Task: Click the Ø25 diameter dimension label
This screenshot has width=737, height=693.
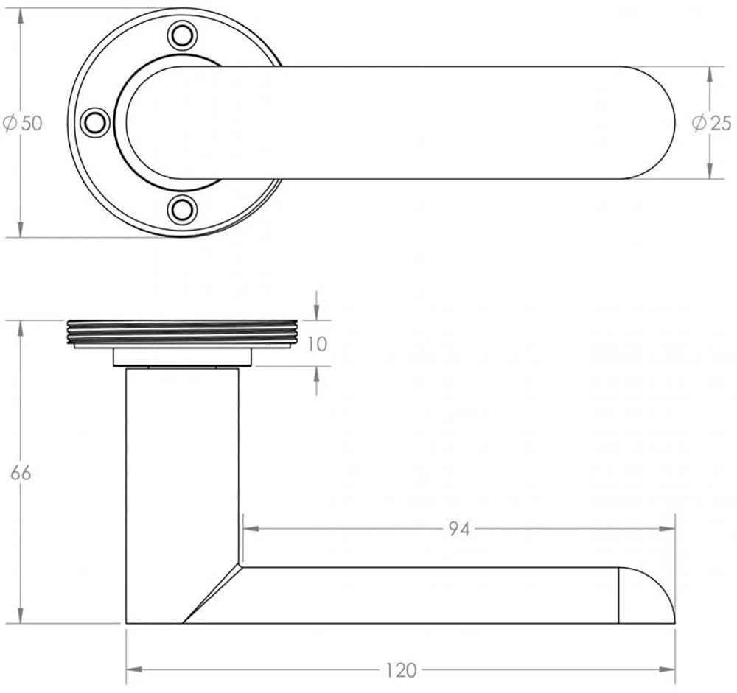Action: click(712, 123)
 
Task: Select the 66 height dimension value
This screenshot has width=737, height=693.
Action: click(21, 473)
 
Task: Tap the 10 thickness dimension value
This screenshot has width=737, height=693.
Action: click(317, 344)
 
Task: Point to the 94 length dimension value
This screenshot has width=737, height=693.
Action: click(458, 528)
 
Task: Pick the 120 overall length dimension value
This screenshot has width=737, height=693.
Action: click(401, 670)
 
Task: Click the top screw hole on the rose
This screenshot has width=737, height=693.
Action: click(182, 35)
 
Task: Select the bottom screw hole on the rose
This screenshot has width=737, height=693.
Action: click(182, 209)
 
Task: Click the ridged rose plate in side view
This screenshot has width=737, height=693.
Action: click(182, 333)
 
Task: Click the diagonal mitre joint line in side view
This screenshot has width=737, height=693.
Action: click(212, 594)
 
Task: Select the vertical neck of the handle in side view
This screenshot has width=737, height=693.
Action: click(182, 471)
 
